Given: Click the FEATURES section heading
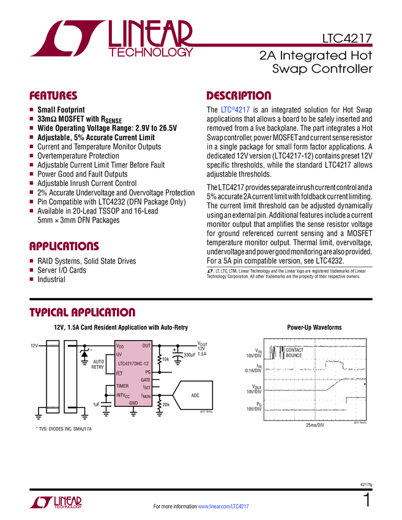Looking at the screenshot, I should pos(53,96).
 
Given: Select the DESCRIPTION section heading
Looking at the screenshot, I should pos(239,96).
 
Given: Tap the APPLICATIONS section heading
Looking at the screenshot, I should pos(64,247).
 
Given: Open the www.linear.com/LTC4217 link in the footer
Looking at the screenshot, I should pos(224,507).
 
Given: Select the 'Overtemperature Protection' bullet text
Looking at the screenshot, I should pos(78,156).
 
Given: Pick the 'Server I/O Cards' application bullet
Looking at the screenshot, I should pos(62,270).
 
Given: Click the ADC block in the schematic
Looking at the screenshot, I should pos(195,396).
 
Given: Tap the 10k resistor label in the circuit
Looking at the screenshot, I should pos(165,359).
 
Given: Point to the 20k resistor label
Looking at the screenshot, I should pos(166,404).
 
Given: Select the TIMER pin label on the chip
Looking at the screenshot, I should pos(123,387).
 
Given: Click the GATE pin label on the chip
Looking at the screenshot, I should pos(146,380).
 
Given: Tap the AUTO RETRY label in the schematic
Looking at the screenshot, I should pos(98,365).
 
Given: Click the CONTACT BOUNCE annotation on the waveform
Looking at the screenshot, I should pos(294,352).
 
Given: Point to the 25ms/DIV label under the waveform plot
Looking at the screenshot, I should pos(315,425).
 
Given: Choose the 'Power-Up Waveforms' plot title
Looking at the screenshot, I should pos(314,328).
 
